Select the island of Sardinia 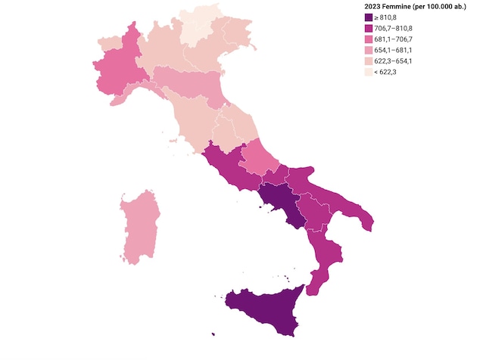click(x=140, y=227)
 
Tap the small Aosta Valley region click(x=109, y=42)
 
